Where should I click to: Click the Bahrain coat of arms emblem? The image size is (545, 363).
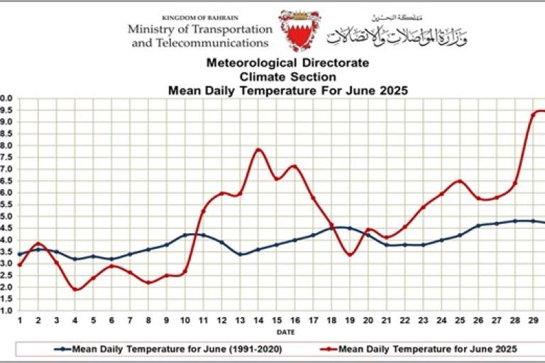(x=294, y=30)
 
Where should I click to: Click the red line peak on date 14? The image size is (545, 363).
(x=258, y=150)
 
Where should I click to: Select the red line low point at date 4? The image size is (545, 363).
(x=75, y=289)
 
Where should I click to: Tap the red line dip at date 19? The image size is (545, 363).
(x=350, y=255)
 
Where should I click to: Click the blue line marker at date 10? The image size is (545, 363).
(x=185, y=235)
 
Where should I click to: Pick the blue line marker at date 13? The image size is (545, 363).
(x=240, y=254)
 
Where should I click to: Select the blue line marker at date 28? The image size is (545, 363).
(x=515, y=221)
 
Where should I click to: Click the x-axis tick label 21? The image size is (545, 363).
(x=387, y=321)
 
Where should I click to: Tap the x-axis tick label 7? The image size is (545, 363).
(x=130, y=321)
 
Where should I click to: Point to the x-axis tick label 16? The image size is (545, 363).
(x=295, y=321)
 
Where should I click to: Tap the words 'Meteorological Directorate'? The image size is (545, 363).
(x=287, y=63)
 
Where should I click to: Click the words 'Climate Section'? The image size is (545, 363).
(x=287, y=77)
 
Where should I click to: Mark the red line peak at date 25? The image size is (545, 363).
(x=460, y=181)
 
